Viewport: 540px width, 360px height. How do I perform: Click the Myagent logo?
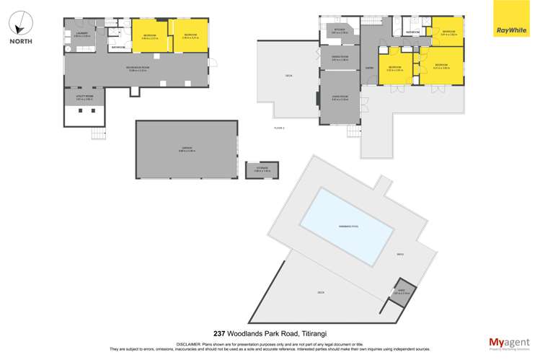(509, 343)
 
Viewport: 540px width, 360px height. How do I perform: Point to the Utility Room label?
(84, 96)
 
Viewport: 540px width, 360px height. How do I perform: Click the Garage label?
(187, 149)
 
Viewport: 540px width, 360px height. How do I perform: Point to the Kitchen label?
(339, 31)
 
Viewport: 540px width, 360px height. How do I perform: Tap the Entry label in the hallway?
(369, 69)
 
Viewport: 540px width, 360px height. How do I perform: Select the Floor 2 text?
(279, 128)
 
